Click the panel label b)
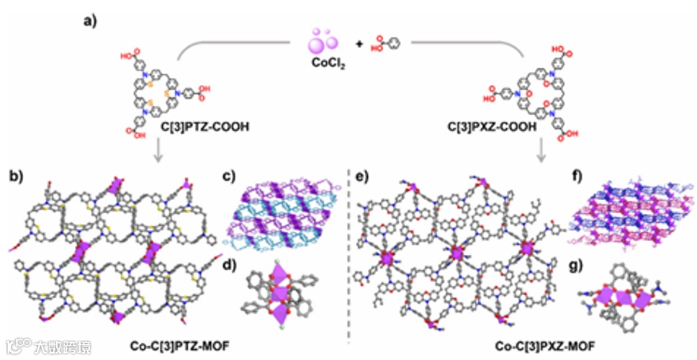click(x=17, y=174)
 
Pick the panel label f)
click(x=576, y=175)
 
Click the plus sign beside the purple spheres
click(x=359, y=44)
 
